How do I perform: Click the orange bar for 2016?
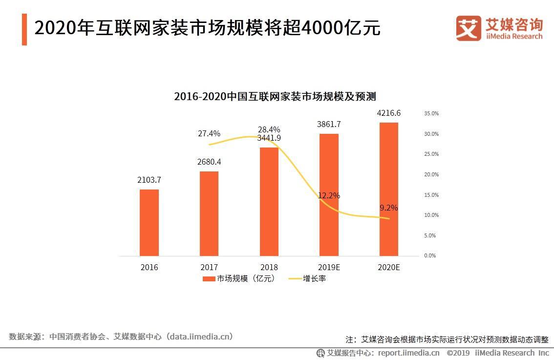[149, 223]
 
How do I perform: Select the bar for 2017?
[209, 213]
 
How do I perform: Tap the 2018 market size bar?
[269, 201]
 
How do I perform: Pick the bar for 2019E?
[329, 194]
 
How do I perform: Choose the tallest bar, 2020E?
[389, 189]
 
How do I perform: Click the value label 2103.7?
[149, 180]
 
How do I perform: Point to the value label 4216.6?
[389, 113]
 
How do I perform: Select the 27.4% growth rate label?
[209, 133]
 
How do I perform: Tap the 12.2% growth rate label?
[329, 195]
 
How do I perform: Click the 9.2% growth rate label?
[389, 208]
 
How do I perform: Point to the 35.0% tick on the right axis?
[431, 113]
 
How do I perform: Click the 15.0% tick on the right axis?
[431, 195]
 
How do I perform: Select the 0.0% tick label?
[430, 255]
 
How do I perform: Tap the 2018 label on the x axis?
[269, 267]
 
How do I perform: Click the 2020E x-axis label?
[389, 267]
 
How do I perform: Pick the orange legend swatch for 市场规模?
[209, 279]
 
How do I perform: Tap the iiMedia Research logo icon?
[468, 28]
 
